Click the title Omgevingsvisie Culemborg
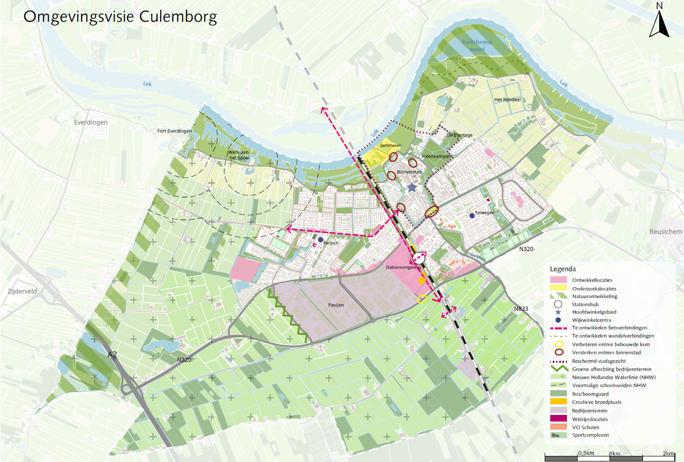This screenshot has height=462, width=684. click(120, 17)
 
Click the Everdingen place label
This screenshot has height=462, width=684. click(91, 122)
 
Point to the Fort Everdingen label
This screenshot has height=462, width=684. click(174, 131)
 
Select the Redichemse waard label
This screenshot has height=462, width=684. click(477, 46)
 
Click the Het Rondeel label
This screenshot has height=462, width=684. click(507, 100)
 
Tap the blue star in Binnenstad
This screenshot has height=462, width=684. click(412, 188)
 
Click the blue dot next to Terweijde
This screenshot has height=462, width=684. click(472, 216)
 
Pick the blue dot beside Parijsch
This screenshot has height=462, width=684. click(320, 240)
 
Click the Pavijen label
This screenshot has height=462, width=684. click(336, 305)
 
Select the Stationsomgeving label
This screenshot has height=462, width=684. click(403, 267)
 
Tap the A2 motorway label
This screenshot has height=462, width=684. click(112, 355)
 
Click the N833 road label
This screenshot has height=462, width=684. click(521, 309)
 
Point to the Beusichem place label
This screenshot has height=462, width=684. click(665, 232)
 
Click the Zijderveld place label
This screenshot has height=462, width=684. click(22, 291)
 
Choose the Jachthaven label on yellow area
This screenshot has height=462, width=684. click(391, 146)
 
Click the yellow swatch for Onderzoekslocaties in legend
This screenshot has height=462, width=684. click(558, 288)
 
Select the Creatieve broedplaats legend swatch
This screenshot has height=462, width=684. click(558, 402)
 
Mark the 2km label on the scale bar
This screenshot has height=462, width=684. click(668, 453)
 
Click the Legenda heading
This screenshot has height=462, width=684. click(563, 269)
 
